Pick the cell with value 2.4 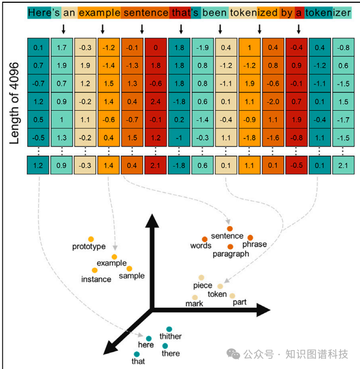pyautogui.click(x=157, y=102)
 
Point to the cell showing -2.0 pyautogui.click(x=273, y=102)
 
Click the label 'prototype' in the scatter pyautogui.click(x=89, y=247)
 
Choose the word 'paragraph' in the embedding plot pyautogui.click(x=231, y=254)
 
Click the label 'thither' pyautogui.click(x=171, y=337)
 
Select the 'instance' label pyautogui.click(x=96, y=279)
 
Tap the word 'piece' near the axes pyautogui.click(x=203, y=286)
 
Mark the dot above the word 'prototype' pyautogui.click(x=91, y=239)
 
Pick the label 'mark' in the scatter pyautogui.click(x=194, y=304)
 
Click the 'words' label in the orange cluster pyautogui.click(x=201, y=246)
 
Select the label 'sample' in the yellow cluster pyautogui.click(x=132, y=276)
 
